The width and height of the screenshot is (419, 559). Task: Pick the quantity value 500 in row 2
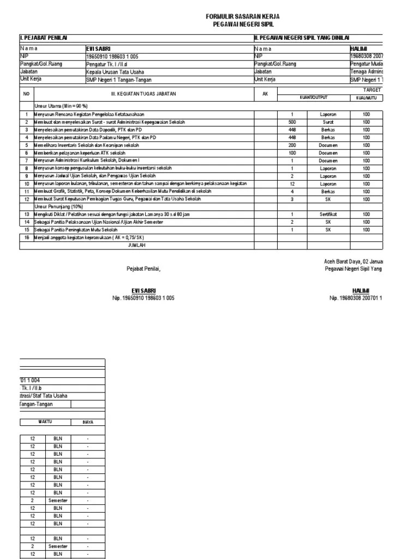click(292, 123)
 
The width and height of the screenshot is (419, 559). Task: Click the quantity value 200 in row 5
click(292, 146)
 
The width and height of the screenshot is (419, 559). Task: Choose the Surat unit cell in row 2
click(328, 123)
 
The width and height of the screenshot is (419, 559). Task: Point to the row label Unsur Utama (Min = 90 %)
click(61, 105)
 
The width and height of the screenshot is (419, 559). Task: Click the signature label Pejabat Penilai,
click(144, 270)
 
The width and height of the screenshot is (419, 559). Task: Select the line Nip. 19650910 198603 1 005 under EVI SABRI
click(144, 299)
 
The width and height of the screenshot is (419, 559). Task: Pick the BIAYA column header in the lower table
click(87, 422)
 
